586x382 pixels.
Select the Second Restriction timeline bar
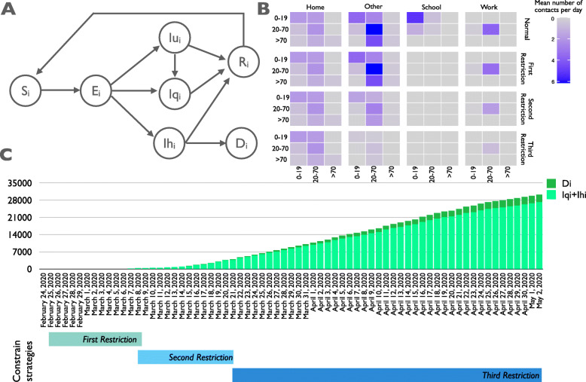(x=185, y=336)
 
